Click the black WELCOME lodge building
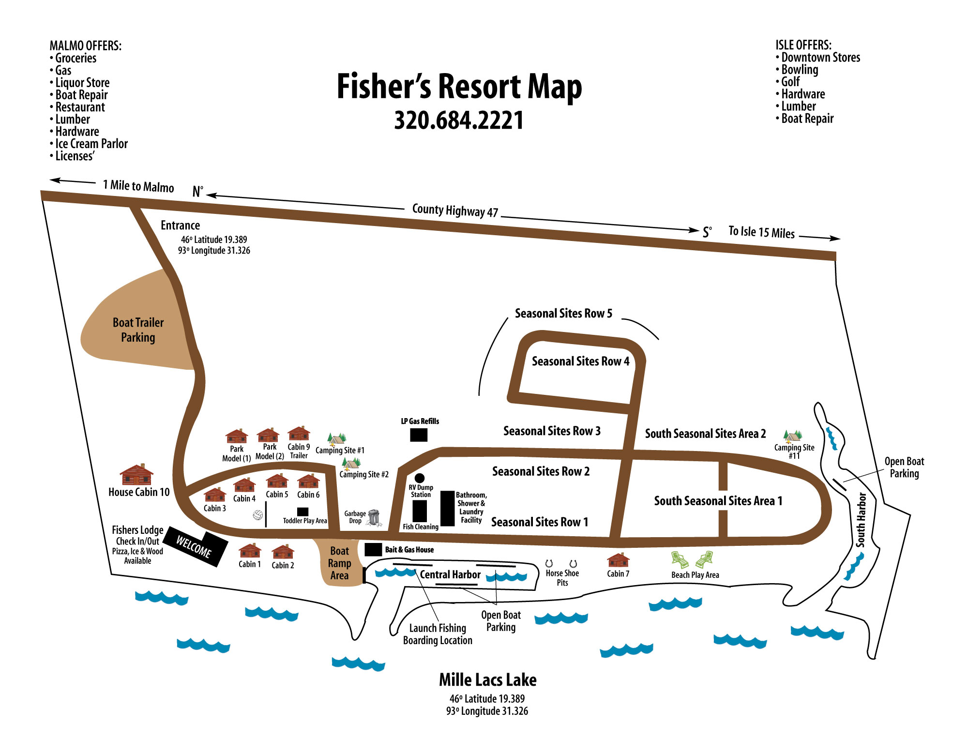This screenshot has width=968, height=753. pyautogui.click(x=196, y=547)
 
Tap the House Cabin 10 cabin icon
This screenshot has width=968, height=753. pyautogui.click(x=136, y=475)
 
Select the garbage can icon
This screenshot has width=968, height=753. pyautogui.click(x=374, y=517)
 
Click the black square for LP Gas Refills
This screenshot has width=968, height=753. pyautogui.click(x=419, y=435)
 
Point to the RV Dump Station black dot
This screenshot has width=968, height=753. pyautogui.click(x=420, y=478)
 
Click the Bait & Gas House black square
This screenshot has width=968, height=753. pyautogui.click(x=373, y=550)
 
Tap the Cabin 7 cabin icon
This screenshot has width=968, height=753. pyautogui.click(x=618, y=560)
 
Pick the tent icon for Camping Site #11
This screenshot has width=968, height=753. pyautogui.click(x=793, y=436)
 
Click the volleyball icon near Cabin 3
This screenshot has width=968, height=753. pyautogui.click(x=258, y=515)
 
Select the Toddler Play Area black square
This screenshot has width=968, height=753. pyautogui.click(x=302, y=512)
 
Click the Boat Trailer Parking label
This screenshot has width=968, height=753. pyautogui.click(x=138, y=330)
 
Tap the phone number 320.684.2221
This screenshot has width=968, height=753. pyautogui.click(x=459, y=120)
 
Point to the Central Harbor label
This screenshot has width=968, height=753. pyautogui.click(x=450, y=574)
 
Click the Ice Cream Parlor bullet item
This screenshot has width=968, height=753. pyautogui.click(x=91, y=144)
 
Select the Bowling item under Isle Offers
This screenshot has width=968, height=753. pyautogui.click(x=800, y=70)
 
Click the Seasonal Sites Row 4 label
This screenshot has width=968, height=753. pyautogui.click(x=580, y=361)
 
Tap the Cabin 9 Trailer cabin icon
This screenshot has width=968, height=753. pyautogui.click(x=299, y=434)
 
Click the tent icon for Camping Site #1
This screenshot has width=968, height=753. pyautogui.click(x=336, y=439)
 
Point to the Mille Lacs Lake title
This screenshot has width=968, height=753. pyautogui.click(x=487, y=680)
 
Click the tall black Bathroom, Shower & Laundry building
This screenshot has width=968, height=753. pyautogui.click(x=447, y=508)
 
